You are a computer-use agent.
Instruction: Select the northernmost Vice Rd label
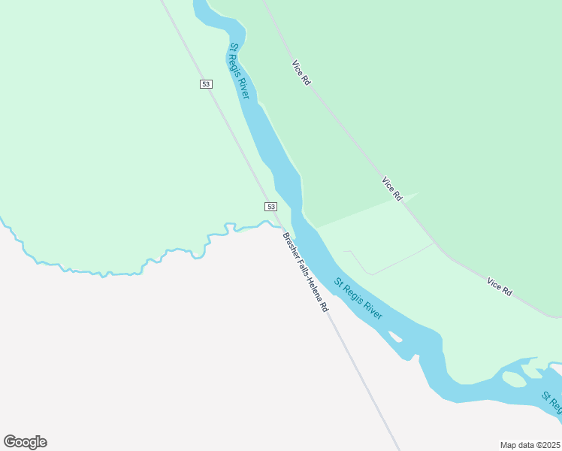301,73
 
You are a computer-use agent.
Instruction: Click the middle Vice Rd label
392,189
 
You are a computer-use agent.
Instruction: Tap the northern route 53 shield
206,83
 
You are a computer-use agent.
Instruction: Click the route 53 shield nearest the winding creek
270,206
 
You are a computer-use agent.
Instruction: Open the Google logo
25,442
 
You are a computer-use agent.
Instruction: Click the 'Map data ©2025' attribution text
530,444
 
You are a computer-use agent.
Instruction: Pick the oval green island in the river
513,380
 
